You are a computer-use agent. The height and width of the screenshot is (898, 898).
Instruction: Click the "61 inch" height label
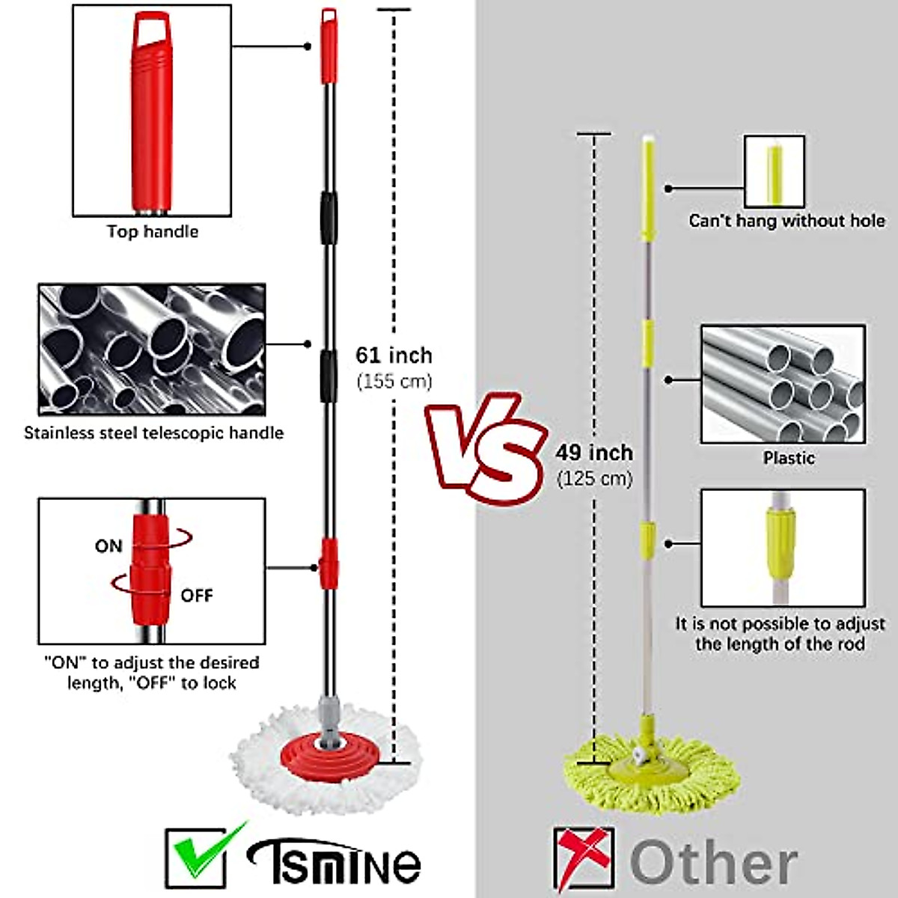point(394,355)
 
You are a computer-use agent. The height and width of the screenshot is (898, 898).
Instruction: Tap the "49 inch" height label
point(594,453)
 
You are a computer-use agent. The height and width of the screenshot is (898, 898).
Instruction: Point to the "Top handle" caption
point(152,231)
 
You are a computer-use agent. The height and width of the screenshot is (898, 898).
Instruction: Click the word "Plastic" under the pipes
point(789,458)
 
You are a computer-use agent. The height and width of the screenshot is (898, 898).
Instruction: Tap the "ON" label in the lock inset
point(109,546)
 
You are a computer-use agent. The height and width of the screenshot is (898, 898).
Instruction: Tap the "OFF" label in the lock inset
point(197,596)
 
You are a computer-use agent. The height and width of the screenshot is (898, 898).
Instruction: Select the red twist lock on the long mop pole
point(328,563)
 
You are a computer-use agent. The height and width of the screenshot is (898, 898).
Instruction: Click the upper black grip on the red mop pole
point(328,218)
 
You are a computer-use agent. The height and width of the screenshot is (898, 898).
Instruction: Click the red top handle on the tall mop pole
point(329,46)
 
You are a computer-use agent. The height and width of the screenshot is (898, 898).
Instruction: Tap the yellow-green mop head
point(651,771)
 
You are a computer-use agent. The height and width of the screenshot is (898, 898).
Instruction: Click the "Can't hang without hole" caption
point(786,221)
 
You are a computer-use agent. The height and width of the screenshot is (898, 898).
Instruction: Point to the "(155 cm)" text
point(394,381)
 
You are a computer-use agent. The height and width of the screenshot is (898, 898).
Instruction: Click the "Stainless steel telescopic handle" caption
point(153,433)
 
